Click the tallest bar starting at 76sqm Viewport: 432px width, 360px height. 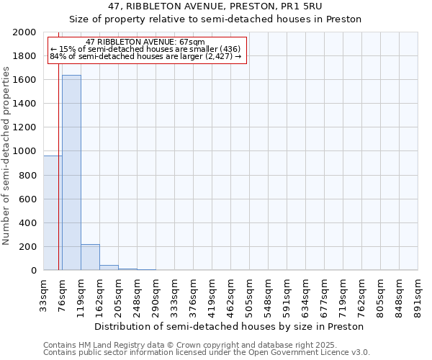71,173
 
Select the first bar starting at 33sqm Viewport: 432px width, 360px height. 52,213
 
